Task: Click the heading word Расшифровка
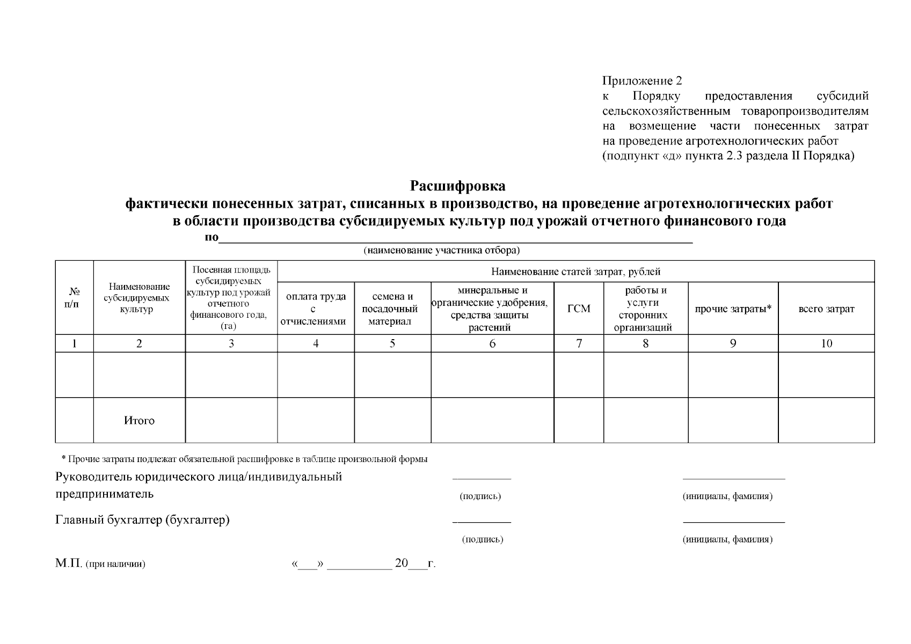click(x=457, y=186)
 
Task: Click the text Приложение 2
click(x=642, y=81)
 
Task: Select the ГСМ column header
click(x=578, y=309)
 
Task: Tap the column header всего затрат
click(x=826, y=309)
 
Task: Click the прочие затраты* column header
click(x=733, y=309)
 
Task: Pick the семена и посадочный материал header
click(x=392, y=309)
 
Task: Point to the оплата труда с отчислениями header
click(x=316, y=309)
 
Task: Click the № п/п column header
click(x=74, y=298)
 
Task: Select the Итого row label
click(x=139, y=421)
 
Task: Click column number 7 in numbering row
click(x=579, y=344)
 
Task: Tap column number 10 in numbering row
click(x=826, y=344)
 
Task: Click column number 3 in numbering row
click(x=231, y=344)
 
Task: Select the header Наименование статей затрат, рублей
click(x=575, y=272)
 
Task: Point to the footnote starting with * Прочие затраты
click(x=244, y=459)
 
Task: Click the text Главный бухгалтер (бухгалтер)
click(x=143, y=520)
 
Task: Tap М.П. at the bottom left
click(x=68, y=563)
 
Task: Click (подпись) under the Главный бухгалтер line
click(x=482, y=539)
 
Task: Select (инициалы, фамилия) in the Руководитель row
click(x=727, y=496)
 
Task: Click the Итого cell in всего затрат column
click(x=826, y=421)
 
